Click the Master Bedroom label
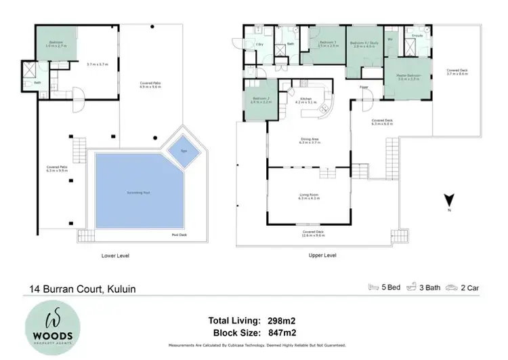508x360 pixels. tap(409, 75)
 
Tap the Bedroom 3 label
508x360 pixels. tap(328, 43)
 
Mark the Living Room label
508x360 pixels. tap(309, 195)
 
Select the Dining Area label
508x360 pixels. tap(309, 140)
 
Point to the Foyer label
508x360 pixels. tap(363, 87)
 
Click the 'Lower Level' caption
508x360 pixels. tap(114, 256)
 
